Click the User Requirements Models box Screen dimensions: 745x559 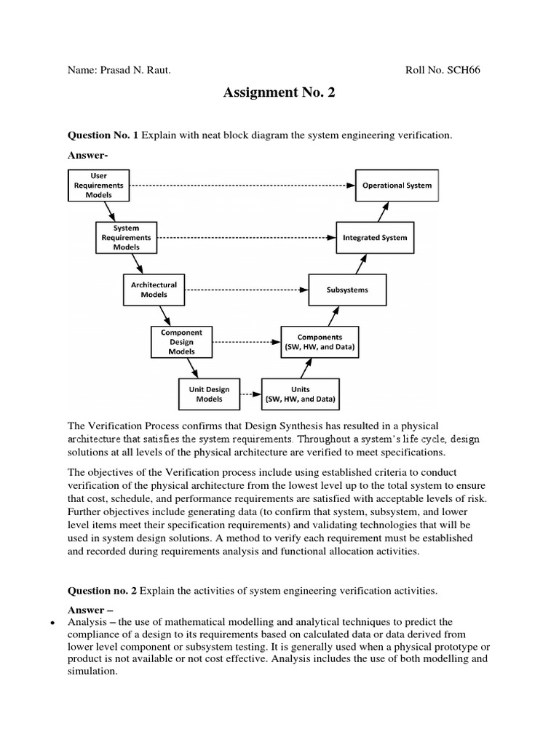pos(98,185)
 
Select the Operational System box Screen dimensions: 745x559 pos(397,186)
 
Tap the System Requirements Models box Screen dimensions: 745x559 pos(126,237)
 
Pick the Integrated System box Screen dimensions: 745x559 pos(375,238)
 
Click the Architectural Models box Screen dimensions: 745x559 pos(154,290)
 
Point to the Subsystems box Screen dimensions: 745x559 pos(347,290)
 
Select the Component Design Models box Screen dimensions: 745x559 pos(181,341)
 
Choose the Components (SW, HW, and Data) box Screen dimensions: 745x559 pos(320,342)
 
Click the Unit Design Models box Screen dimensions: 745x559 pos(209,394)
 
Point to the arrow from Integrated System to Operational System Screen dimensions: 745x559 pos(384,212)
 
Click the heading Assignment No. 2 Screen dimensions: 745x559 pos(279,93)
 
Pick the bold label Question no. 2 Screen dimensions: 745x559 pos(103,591)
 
